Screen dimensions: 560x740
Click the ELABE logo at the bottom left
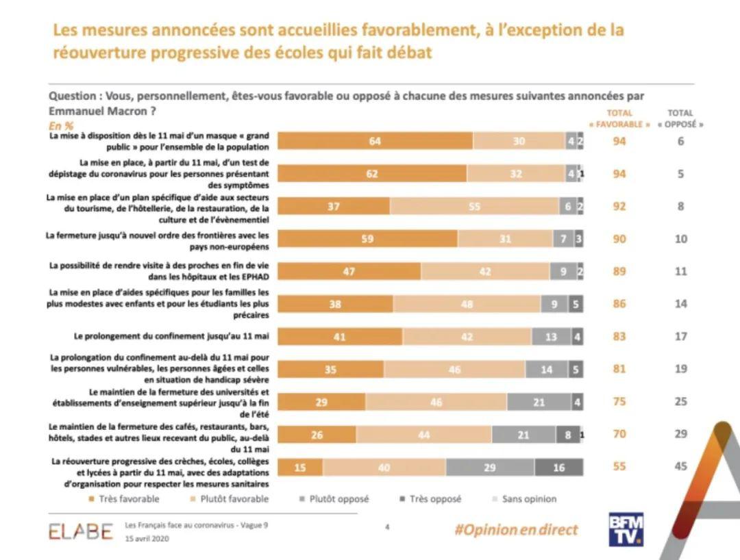81,531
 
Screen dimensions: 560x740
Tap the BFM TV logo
626,529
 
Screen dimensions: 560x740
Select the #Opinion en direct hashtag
516,530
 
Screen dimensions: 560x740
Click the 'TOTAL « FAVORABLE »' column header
619,118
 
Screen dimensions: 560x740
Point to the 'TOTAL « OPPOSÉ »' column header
680,118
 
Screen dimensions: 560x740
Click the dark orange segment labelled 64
375,142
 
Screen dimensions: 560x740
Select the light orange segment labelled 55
474,206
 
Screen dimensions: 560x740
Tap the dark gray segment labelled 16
559,467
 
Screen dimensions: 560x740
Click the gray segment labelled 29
490,467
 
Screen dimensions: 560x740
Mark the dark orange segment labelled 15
300,467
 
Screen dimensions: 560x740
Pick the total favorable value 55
619,466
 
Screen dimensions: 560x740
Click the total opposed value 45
680,466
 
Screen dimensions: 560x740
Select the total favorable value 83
619,336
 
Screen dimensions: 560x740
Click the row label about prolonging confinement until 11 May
171,336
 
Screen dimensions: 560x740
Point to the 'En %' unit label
61,126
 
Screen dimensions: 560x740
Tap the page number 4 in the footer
387,527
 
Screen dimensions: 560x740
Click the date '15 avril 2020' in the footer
147,538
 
